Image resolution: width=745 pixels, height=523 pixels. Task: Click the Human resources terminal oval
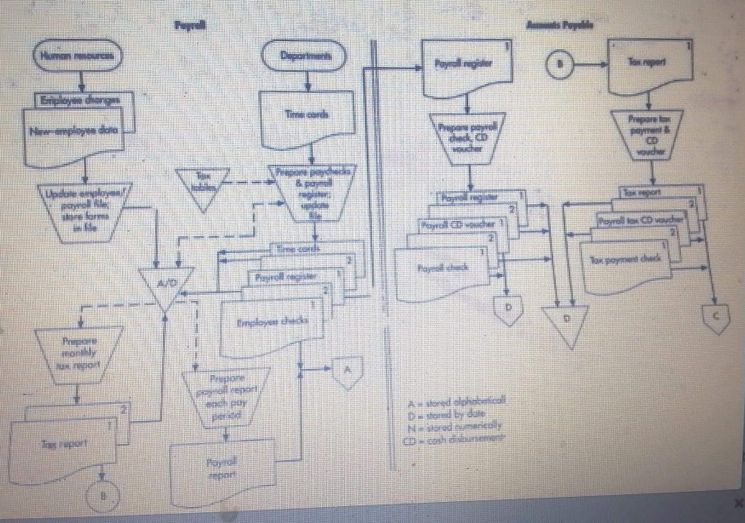(78, 57)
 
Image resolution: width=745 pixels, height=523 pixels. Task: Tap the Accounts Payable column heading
(560, 25)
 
